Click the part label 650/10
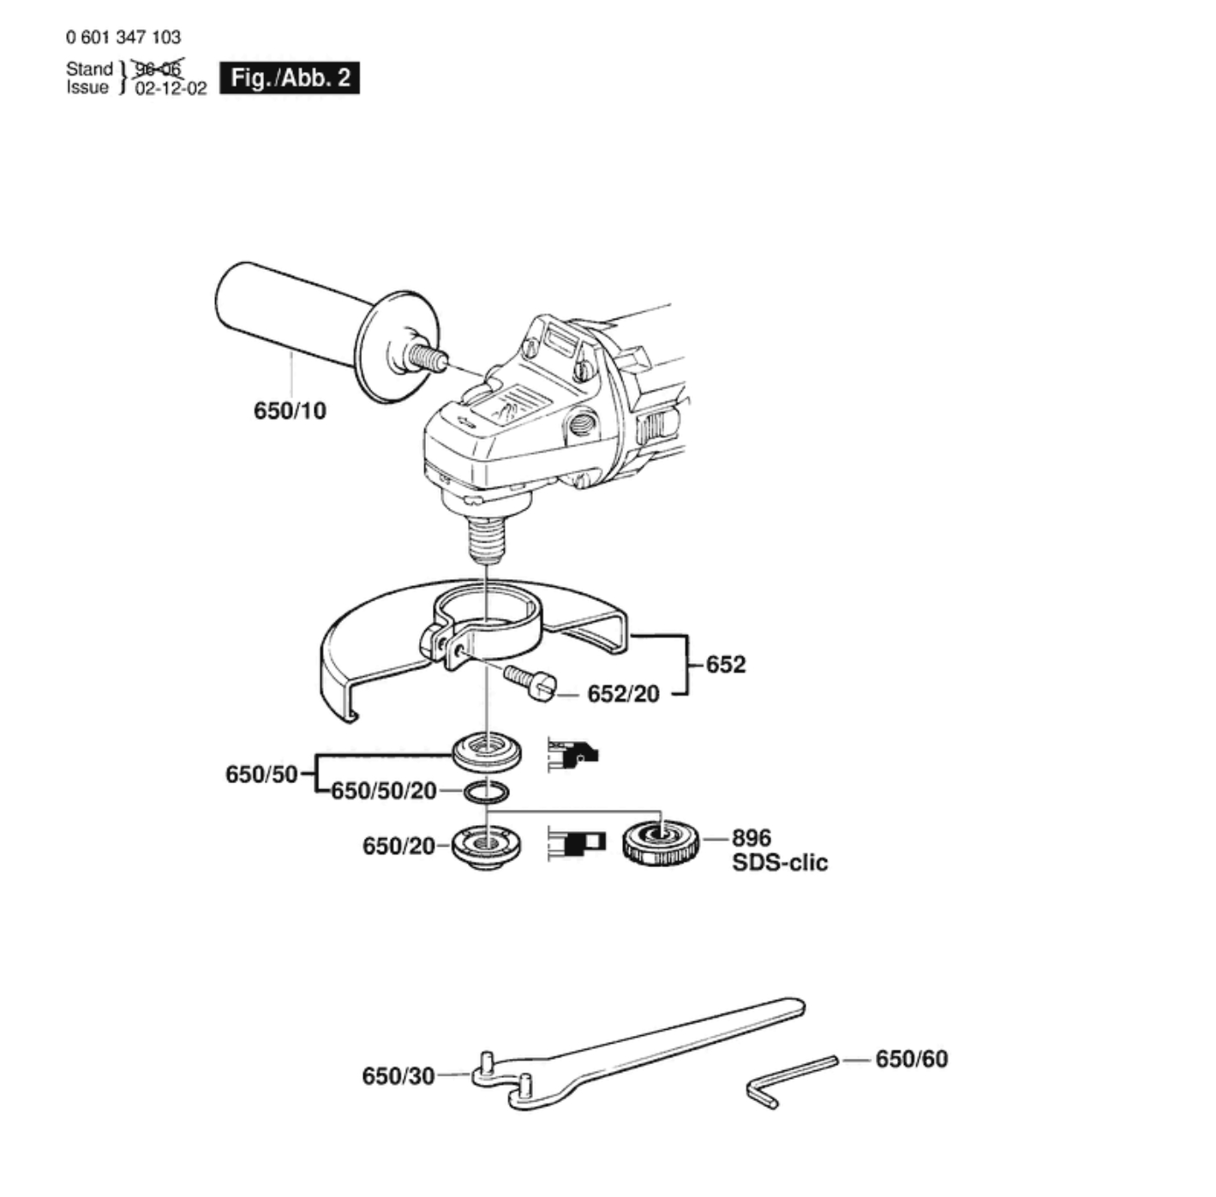(x=290, y=411)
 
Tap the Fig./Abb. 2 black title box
(x=290, y=78)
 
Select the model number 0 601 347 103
(x=123, y=37)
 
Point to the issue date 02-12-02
(x=171, y=89)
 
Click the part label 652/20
(x=623, y=694)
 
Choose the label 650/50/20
(x=384, y=791)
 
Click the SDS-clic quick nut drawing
(x=662, y=842)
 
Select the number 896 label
(x=752, y=837)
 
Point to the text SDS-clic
(x=780, y=862)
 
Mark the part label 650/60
(x=912, y=1059)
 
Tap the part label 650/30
(x=398, y=1075)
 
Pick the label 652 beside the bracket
(x=726, y=664)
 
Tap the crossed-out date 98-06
(x=159, y=69)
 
